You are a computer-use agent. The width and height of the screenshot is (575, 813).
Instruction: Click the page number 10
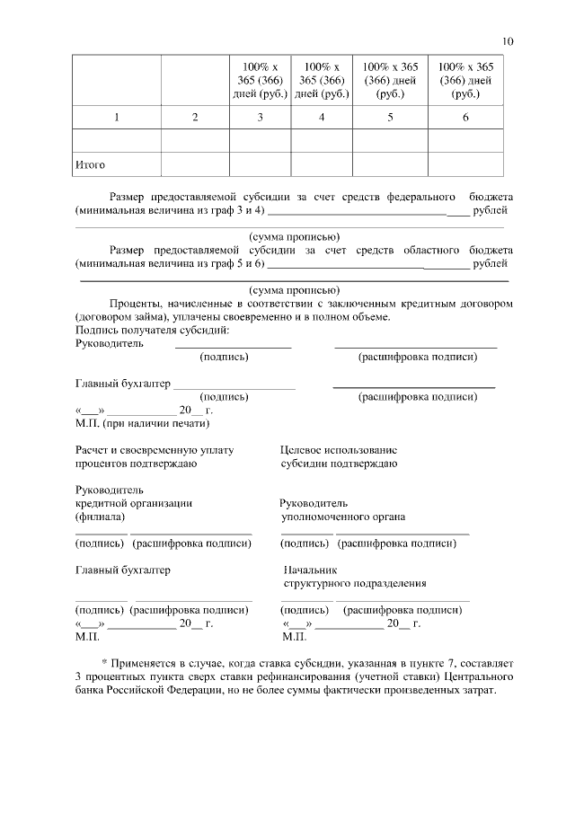[508, 41]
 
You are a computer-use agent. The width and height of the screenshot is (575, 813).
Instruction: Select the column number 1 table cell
[116, 118]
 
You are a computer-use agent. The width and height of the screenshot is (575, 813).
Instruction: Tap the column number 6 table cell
[465, 118]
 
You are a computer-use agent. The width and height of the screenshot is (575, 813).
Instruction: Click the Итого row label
[90, 164]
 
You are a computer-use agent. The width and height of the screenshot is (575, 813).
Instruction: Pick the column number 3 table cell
[260, 118]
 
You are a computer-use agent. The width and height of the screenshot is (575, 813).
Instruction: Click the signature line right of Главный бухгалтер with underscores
[234, 384]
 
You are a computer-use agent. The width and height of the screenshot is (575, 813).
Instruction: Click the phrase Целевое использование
[339, 449]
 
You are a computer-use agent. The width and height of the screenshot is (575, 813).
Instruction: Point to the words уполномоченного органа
[343, 517]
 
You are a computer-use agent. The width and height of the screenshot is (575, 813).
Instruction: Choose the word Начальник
[310, 570]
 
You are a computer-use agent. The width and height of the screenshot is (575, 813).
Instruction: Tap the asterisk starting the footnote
[104, 661]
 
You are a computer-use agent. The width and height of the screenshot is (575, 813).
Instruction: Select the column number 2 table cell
[195, 118]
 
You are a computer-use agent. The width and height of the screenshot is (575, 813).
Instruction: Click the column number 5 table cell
[390, 118]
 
